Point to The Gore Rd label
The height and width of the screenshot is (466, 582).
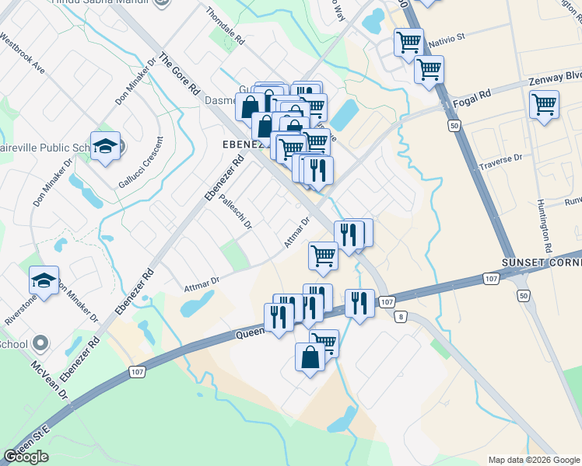179,75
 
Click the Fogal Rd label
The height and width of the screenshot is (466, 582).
473,95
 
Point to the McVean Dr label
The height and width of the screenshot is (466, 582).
50,381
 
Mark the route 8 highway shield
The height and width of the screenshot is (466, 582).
401,316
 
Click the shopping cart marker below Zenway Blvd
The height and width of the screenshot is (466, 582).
544,103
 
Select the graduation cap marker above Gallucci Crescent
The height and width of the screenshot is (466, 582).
104,146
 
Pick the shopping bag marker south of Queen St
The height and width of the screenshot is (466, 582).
310,357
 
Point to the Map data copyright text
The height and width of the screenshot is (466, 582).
533,460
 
